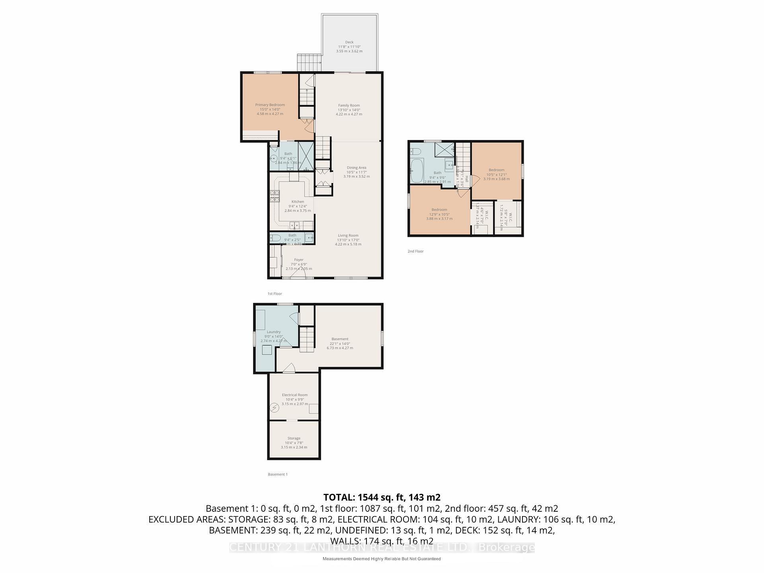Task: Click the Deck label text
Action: click(x=349, y=42)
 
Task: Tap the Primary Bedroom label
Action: click(x=270, y=105)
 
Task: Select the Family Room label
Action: click(x=349, y=105)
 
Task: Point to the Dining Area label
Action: click(x=357, y=168)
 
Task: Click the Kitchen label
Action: click(x=298, y=202)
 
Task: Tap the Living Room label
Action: click(x=348, y=236)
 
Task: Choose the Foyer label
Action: click(x=298, y=260)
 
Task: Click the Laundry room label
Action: click(x=274, y=332)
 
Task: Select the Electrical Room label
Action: click(x=295, y=395)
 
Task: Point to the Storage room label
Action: click(x=294, y=439)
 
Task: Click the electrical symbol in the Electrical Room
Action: click(x=274, y=407)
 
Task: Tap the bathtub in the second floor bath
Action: click(x=417, y=171)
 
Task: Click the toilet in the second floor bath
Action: click(x=415, y=151)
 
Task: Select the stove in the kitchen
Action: click(x=275, y=197)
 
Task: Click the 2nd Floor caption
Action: click(x=415, y=251)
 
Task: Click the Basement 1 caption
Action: click(x=278, y=474)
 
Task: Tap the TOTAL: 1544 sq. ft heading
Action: click(x=382, y=497)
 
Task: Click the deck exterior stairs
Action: click(x=309, y=63)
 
